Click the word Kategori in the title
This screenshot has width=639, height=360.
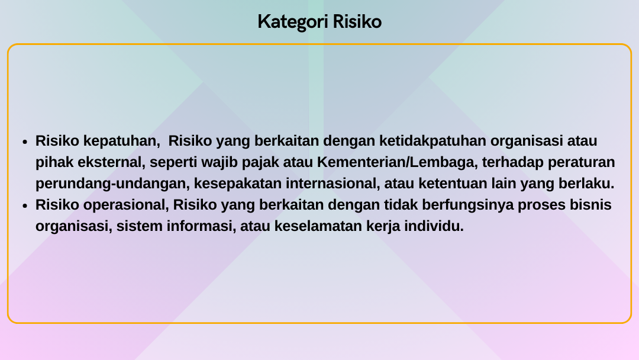point(293,22)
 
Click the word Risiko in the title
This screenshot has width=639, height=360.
point(357,21)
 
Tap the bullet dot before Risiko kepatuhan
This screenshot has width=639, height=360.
point(25,142)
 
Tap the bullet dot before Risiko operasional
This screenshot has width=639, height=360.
point(25,206)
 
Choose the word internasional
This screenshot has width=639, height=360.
point(333,184)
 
